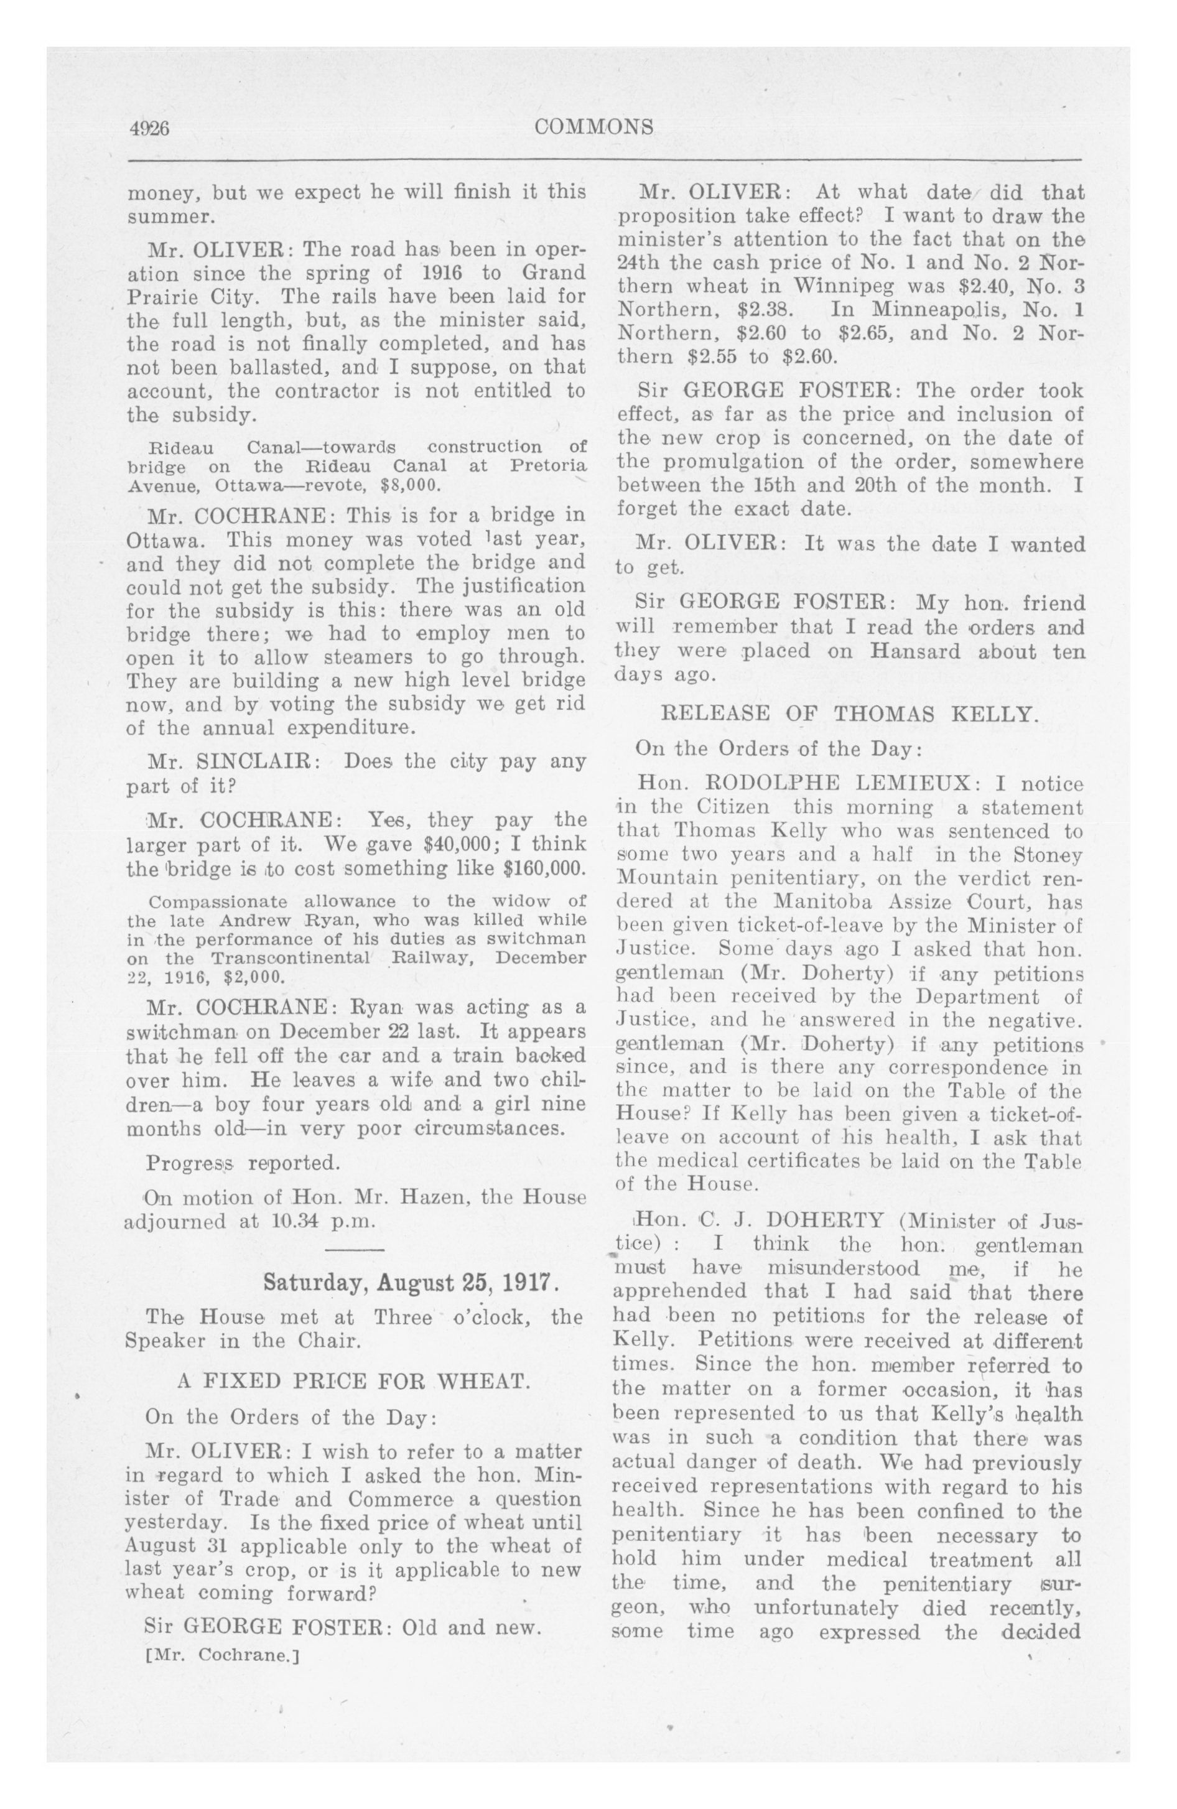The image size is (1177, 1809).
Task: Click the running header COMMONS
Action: click(x=594, y=127)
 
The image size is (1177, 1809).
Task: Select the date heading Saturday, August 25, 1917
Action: click(x=411, y=1282)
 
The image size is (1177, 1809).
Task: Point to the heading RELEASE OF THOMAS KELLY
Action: click(x=849, y=713)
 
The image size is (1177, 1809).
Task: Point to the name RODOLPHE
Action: click(x=776, y=783)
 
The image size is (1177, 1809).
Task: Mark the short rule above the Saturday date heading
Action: click(x=355, y=1250)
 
